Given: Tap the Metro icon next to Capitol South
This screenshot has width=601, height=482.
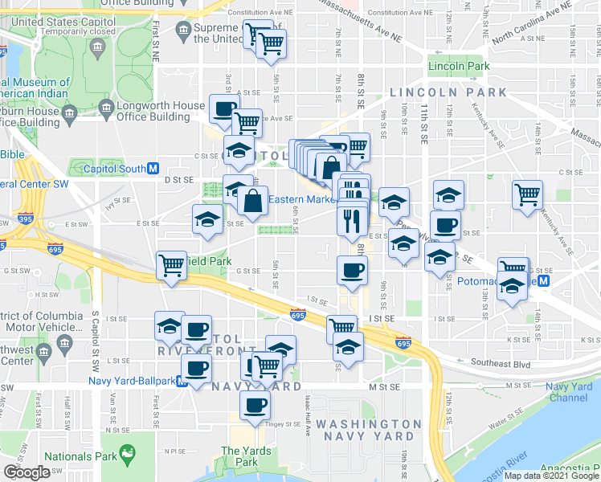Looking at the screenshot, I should tap(153, 169).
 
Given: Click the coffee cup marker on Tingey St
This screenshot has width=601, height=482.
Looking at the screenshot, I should tap(256, 406).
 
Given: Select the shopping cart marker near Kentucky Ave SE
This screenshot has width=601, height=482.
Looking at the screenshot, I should tap(527, 194).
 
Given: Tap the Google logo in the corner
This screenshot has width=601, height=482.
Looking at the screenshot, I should tap(27, 472).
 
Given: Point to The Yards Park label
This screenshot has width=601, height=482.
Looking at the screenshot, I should tap(241, 456).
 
